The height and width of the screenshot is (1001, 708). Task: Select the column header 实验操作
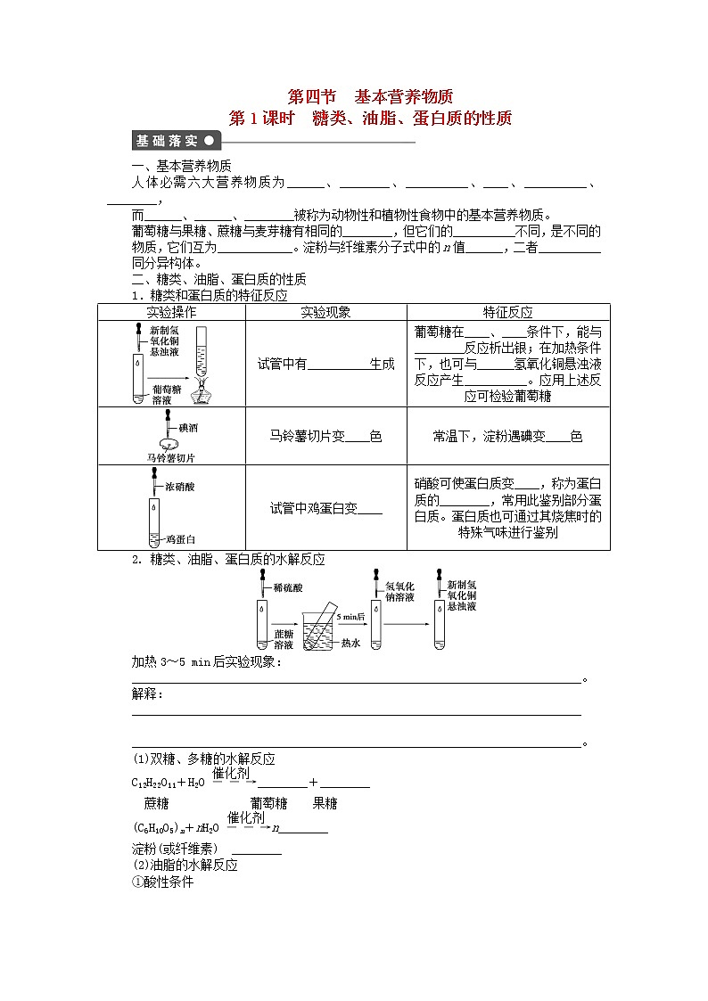(x=171, y=312)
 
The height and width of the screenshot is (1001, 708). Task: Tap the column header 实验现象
(x=325, y=312)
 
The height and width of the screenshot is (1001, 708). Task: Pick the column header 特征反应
(x=507, y=312)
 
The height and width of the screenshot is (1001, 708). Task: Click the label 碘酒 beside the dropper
(x=188, y=427)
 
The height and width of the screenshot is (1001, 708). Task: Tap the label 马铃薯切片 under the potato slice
(x=170, y=457)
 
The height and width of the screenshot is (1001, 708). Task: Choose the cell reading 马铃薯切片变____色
(x=325, y=437)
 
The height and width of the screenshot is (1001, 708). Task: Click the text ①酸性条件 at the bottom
(x=162, y=882)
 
